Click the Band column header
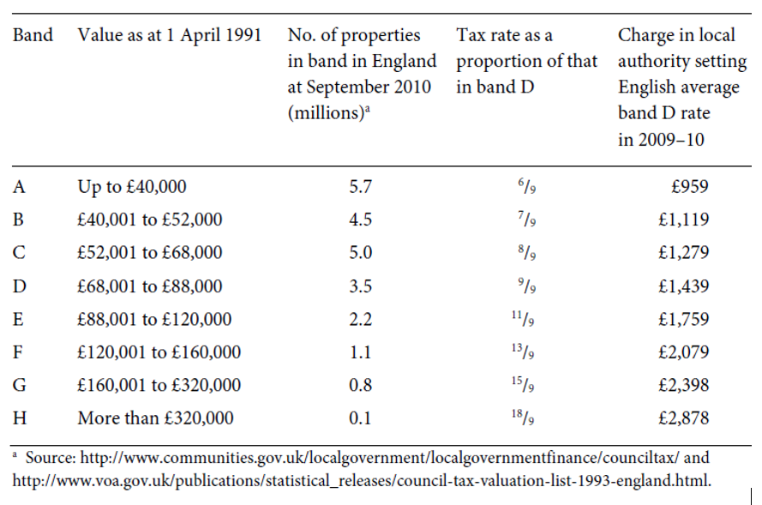pyautogui.click(x=33, y=36)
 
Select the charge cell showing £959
pyautogui.click(x=691, y=186)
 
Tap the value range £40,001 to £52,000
pyautogui.click(x=149, y=219)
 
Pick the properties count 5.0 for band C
pyautogui.click(x=360, y=253)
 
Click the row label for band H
pyautogui.click(x=19, y=418)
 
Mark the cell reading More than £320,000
pyautogui.click(x=155, y=418)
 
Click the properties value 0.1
pyautogui.click(x=360, y=418)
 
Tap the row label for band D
pyautogui.click(x=19, y=286)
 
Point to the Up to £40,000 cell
pyautogui.click(x=131, y=186)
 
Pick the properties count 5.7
pyautogui.click(x=360, y=186)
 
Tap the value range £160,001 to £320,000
pyautogui.click(x=159, y=386)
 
